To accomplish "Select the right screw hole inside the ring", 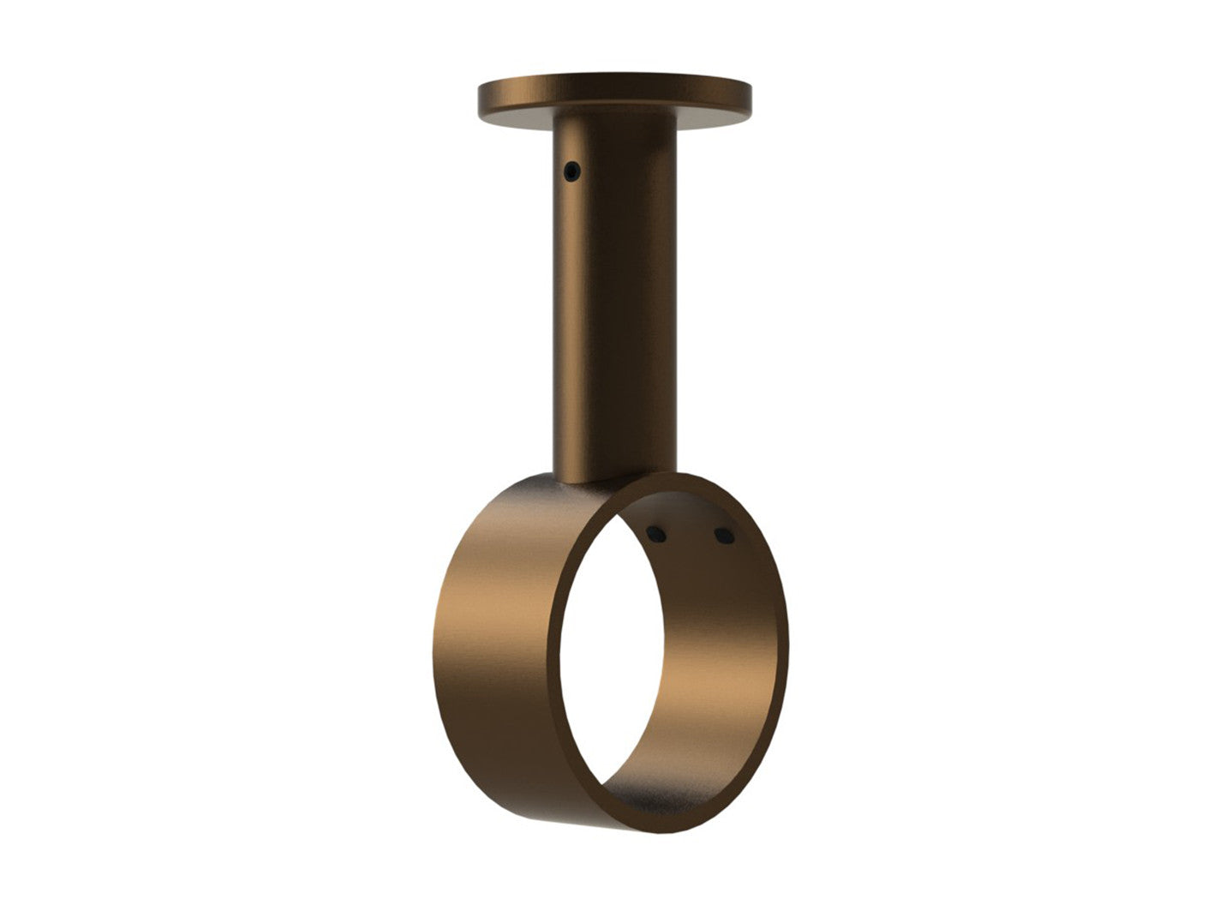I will pyautogui.click(x=723, y=537).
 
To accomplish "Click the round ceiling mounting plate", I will pyautogui.click(x=614, y=94).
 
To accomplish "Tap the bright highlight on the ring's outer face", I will pyautogui.click(x=480, y=617).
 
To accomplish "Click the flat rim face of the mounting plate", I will pyautogui.click(x=614, y=105).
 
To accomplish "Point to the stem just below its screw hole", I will pyautogui.click(x=574, y=214).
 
